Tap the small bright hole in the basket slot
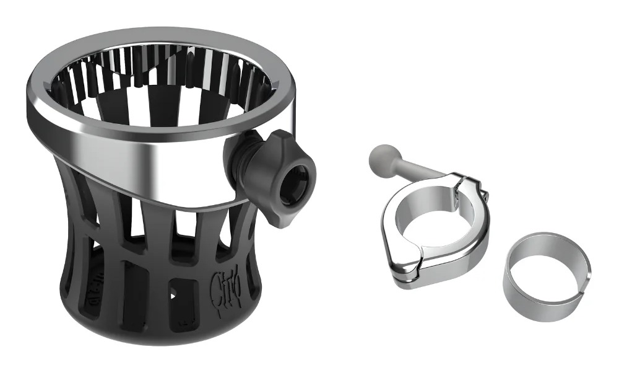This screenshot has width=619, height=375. [175, 292]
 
